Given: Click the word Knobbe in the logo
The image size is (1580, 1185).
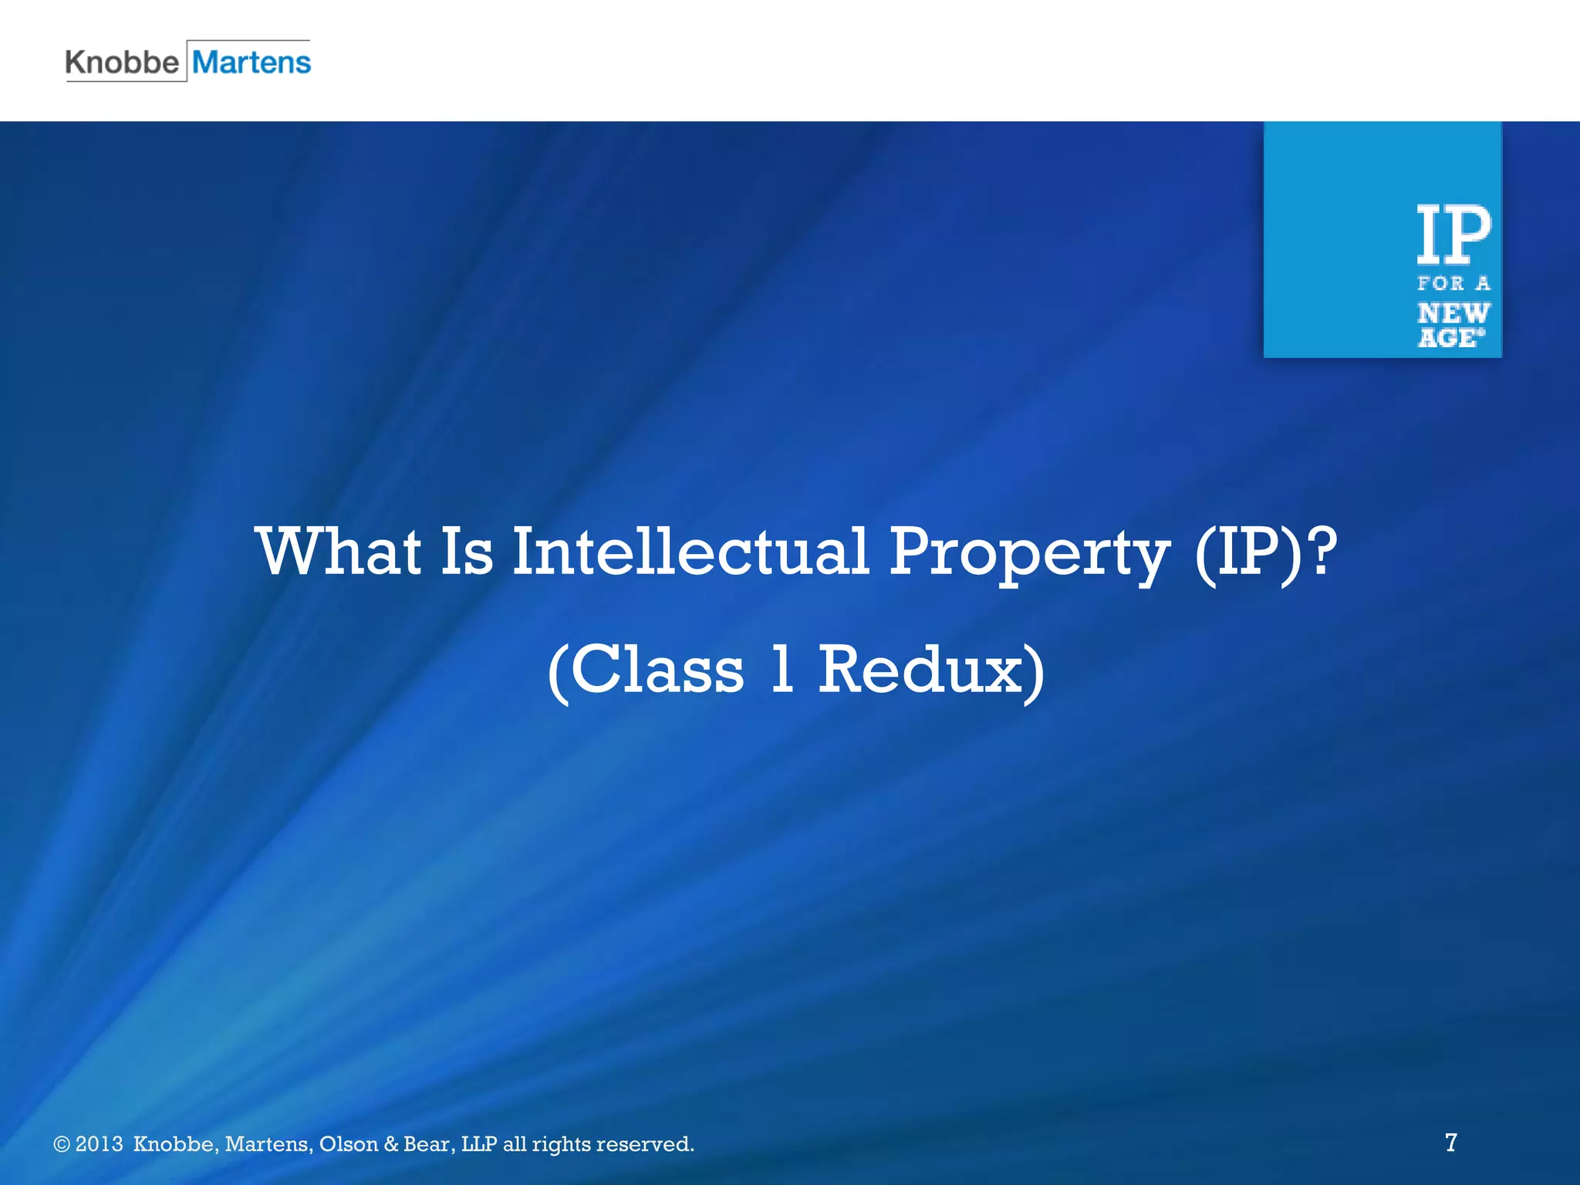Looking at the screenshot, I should (122, 62).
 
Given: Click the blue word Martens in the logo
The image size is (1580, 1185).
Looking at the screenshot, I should (252, 62).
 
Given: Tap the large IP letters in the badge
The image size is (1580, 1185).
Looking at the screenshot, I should (1453, 235).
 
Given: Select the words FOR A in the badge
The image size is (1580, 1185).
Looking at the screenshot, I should (1453, 284).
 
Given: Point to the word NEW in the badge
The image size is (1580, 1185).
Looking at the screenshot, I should (1453, 313).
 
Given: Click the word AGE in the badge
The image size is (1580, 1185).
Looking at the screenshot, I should (1449, 338).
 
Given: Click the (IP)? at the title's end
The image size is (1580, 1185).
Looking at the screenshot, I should (1265, 552).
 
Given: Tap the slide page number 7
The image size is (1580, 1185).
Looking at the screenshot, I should (1451, 1142).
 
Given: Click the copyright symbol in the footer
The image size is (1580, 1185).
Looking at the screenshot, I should (62, 1144).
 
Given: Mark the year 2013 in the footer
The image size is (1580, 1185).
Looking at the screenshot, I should (99, 1144).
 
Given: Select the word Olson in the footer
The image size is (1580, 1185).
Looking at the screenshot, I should (348, 1144).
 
